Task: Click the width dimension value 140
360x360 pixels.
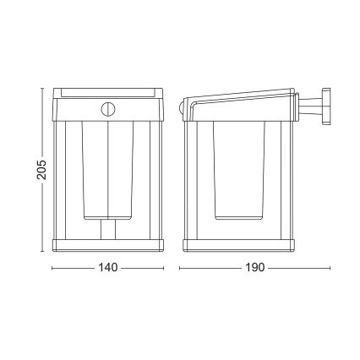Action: click(106, 267)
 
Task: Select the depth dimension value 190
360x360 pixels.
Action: click(255, 267)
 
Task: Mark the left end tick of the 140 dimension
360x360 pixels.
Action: click(52, 267)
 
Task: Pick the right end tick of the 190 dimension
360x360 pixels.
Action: click(329, 267)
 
